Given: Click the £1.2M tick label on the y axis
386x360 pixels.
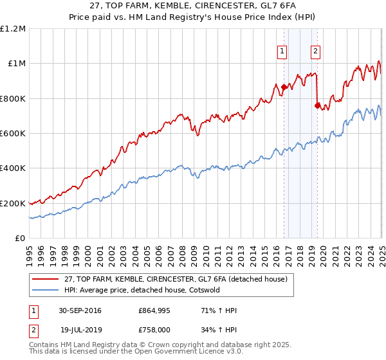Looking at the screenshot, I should click(x=13, y=28).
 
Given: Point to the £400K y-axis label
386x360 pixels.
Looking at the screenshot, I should click(x=13, y=168).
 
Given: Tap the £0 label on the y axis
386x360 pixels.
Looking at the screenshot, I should click(x=20, y=238).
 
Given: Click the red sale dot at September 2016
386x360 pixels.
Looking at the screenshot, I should click(x=284, y=87).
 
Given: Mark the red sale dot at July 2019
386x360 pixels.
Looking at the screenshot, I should click(x=317, y=106).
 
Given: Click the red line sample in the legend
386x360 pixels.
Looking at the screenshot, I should click(x=46, y=278).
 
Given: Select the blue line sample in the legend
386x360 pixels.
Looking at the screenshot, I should click(x=46, y=289).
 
